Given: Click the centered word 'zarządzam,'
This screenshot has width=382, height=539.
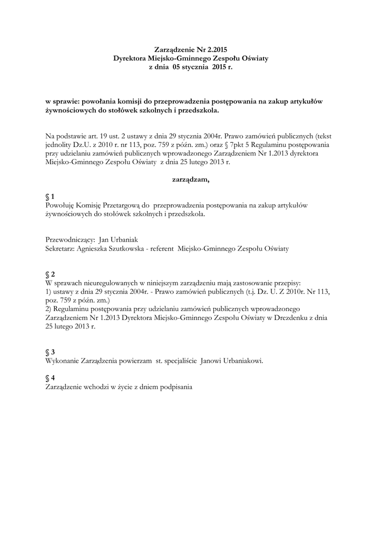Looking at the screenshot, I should (x=191, y=179).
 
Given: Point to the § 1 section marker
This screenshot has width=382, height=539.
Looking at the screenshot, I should (x=50, y=196).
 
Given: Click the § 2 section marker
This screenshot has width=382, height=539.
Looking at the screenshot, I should (x=50, y=274).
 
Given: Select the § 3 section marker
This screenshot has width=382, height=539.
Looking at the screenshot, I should (x=50, y=352).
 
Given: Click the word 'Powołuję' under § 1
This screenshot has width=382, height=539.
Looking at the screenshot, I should (x=60, y=205).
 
